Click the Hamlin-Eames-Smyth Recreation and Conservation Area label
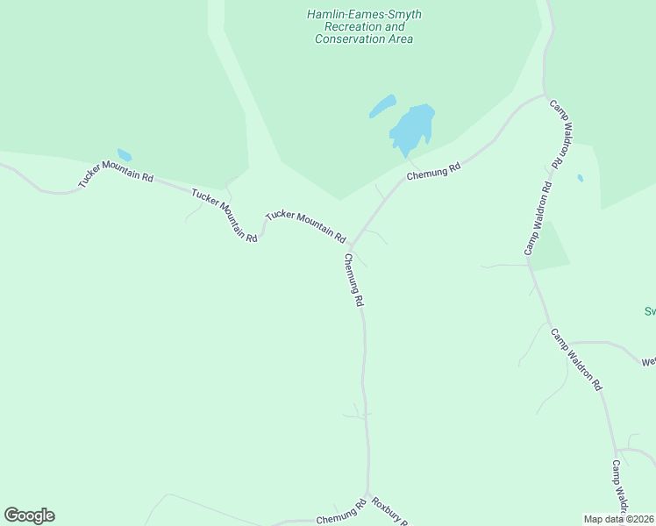pos(363,27)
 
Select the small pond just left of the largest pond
pos(382,107)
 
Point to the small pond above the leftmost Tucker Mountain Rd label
pos(125,155)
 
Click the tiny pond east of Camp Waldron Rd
pos(581,178)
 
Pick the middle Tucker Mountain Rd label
pos(224,216)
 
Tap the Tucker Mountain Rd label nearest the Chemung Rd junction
pos(306,225)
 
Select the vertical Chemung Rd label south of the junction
pos(353,280)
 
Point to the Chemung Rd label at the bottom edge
pos(340,514)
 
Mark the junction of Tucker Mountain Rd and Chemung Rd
pos(353,245)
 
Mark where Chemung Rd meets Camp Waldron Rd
pos(545,95)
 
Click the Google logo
pos(29,515)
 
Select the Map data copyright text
pos(618,519)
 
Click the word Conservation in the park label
pos(364,39)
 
